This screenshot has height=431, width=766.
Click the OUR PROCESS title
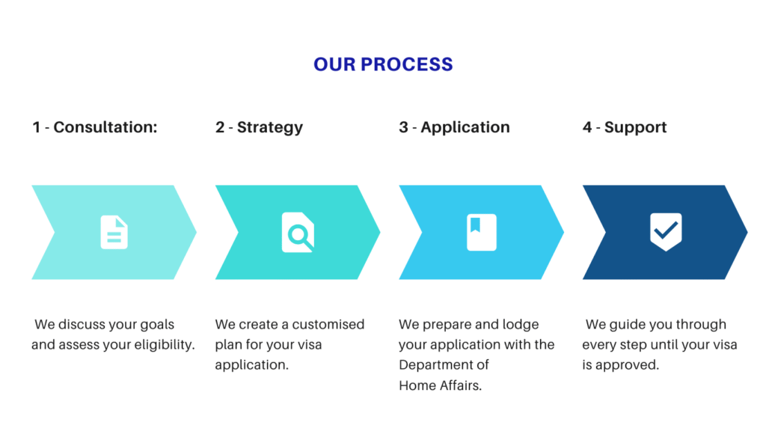(x=383, y=64)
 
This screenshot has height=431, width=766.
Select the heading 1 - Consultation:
(x=95, y=127)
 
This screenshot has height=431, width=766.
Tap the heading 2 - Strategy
(x=259, y=127)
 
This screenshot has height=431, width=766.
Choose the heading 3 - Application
(x=454, y=127)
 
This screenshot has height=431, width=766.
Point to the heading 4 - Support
(x=625, y=127)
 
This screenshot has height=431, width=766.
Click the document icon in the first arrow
(x=114, y=232)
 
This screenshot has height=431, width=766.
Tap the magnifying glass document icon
(x=298, y=232)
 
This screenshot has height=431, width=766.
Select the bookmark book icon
(x=482, y=232)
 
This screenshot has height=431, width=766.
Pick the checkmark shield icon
(x=666, y=232)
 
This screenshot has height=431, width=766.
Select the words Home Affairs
(x=440, y=385)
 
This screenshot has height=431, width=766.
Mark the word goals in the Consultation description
(x=157, y=325)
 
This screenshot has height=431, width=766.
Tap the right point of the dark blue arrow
(x=747, y=232)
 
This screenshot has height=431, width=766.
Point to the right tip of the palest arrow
(x=196, y=232)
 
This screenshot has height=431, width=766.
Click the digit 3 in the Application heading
(x=403, y=127)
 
